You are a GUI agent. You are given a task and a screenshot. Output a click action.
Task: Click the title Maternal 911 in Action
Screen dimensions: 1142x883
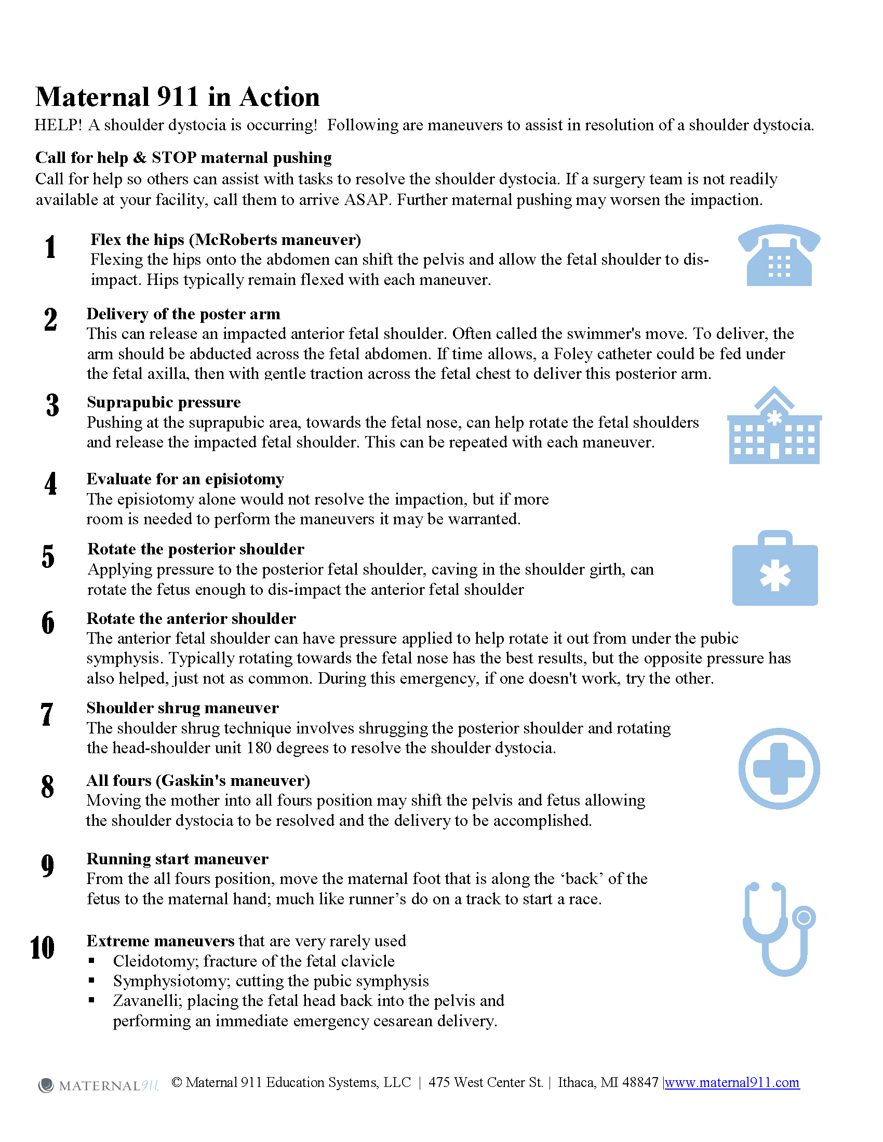pos(177,97)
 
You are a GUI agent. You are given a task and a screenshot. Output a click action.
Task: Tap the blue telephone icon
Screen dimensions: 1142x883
pos(779,256)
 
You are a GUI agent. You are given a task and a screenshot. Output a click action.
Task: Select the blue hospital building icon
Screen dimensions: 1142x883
pos(774,426)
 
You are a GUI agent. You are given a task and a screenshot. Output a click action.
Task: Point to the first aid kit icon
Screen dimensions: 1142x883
pos(775,569)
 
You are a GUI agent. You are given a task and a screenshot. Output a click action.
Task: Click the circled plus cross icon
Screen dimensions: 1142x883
pos(779,768)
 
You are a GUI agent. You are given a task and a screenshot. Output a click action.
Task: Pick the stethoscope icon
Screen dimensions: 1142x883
pos(778,929)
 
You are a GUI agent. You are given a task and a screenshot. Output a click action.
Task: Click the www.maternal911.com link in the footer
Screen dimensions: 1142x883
pos(732,1082)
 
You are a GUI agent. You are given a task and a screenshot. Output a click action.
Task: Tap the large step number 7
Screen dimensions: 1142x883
pos(47,714)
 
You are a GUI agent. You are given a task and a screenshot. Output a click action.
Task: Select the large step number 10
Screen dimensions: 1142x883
pos(43,947)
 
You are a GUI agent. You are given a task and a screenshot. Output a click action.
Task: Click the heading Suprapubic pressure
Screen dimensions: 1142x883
pos(164,402)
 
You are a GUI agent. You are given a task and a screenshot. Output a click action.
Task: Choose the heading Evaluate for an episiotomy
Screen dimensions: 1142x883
pos(185,479)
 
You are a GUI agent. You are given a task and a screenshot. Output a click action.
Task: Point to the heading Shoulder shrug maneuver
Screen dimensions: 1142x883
pos(182,708)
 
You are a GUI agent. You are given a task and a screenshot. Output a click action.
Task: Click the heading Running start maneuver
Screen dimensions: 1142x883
pos(177,859)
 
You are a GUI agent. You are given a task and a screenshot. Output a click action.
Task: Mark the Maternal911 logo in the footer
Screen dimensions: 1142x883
pos(98,1085)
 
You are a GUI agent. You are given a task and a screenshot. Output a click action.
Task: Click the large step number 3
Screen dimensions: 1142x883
pos(52,405)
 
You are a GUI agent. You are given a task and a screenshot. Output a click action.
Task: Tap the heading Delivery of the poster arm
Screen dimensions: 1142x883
pos(183,314)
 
